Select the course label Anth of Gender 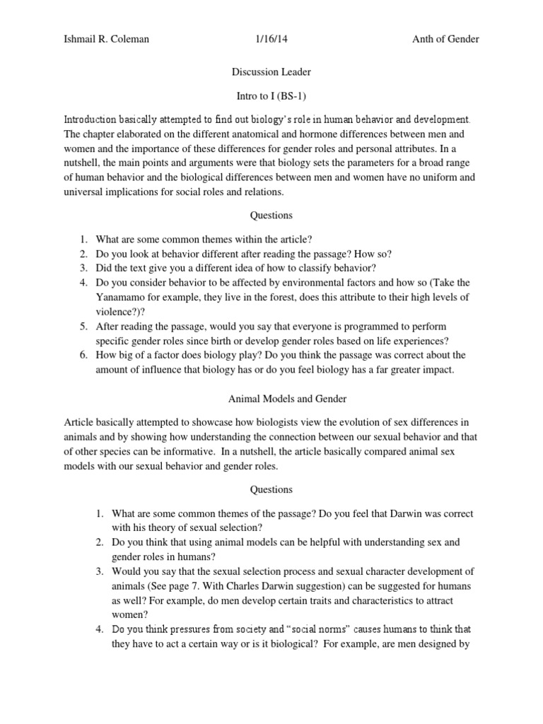[445, 39]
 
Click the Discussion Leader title [271, 71]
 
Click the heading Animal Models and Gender [271, 398]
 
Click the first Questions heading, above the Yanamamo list [271, 216]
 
